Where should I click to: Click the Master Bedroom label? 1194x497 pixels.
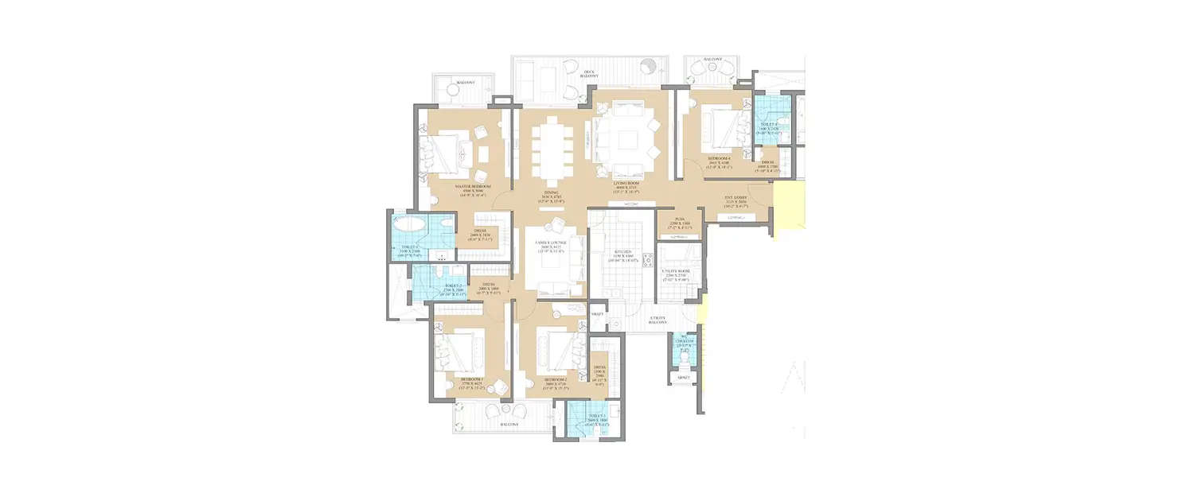[x=474, y=187]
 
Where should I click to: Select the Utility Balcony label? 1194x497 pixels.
[x=658, y=319]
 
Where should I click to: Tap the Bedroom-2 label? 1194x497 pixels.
[x=555, y=380]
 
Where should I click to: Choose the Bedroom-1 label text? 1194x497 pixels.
[x=473, y=380]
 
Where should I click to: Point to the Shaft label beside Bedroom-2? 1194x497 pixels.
[x=597, y=314]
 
